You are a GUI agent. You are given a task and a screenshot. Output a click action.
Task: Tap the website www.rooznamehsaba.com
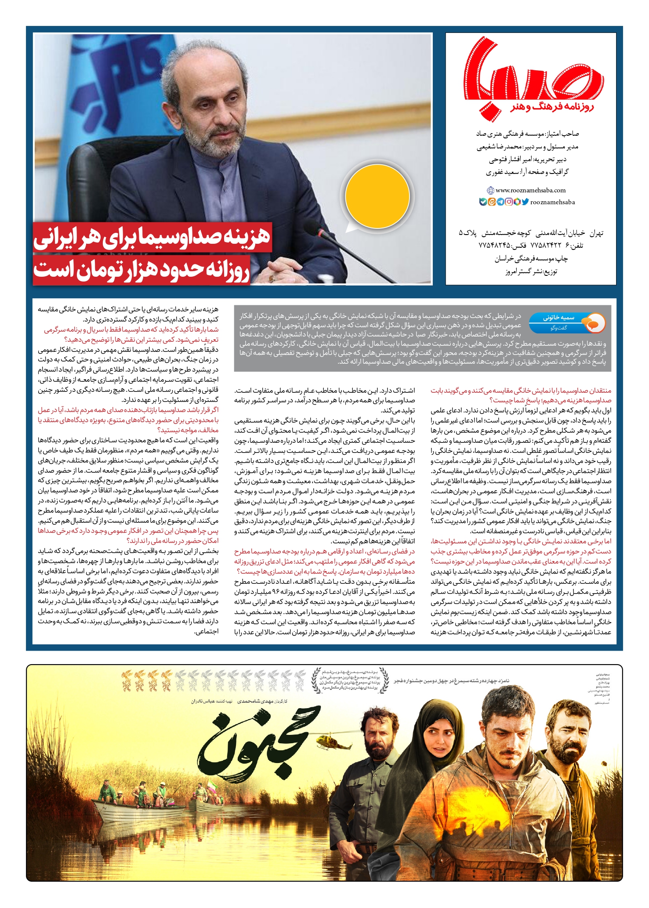tap(530, 190)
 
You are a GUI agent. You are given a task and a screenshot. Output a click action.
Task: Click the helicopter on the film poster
tap(334, 742)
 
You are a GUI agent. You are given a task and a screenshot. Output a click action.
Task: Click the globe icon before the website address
tap(490, 190)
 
